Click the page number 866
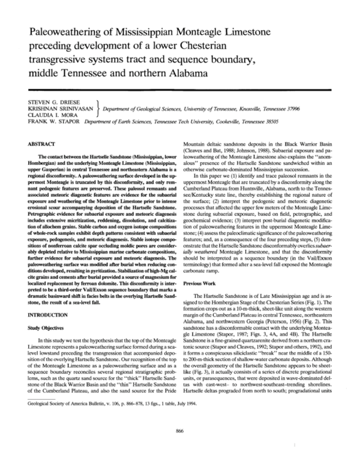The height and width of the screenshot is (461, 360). (179, 430)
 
